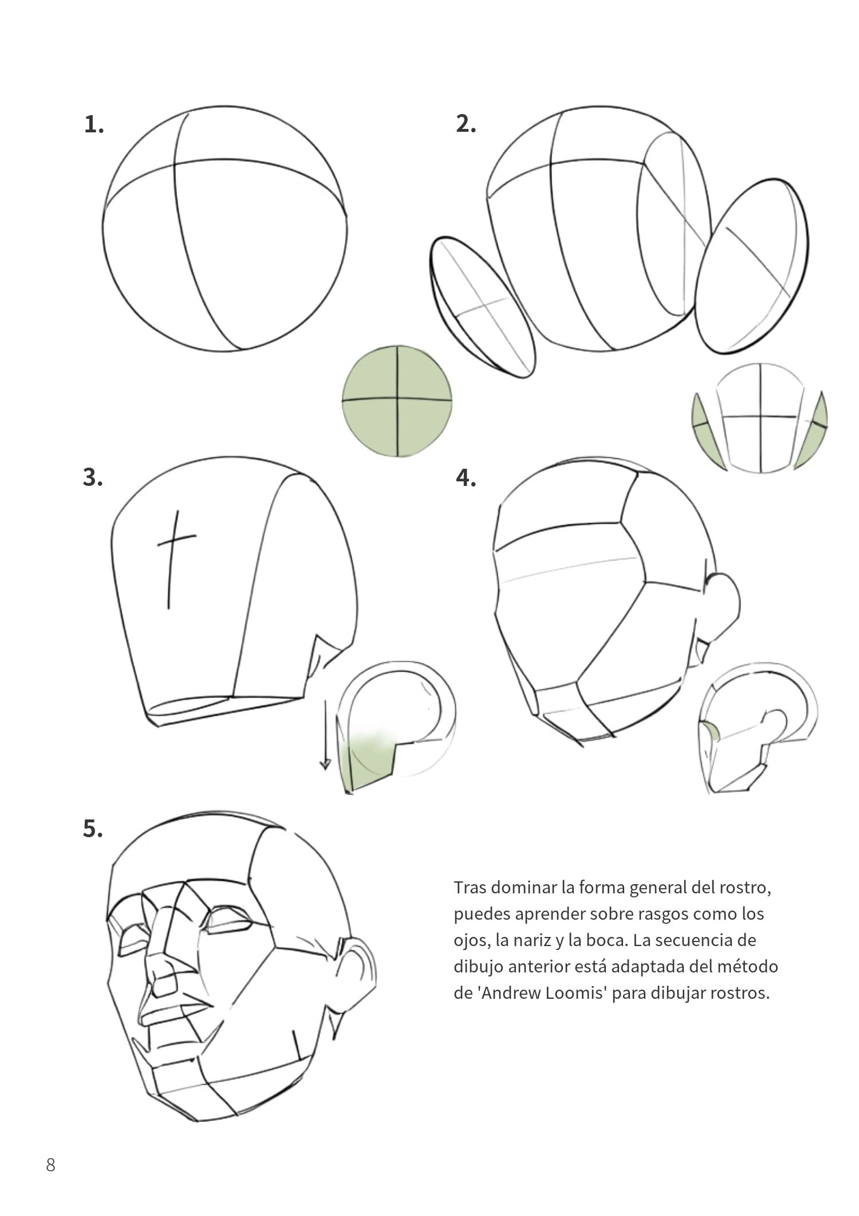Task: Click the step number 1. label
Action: (x=94, y=124)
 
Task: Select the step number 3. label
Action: (x=93, y=477)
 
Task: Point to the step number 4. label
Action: (x=466, y=477)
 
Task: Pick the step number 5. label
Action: (x=93, y=829)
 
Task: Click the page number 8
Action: (x=50, y=1165)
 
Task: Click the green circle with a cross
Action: (x=397, y=401)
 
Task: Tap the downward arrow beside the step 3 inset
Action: (x=325, y=734)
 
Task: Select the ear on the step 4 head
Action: (x=726, y=602)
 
